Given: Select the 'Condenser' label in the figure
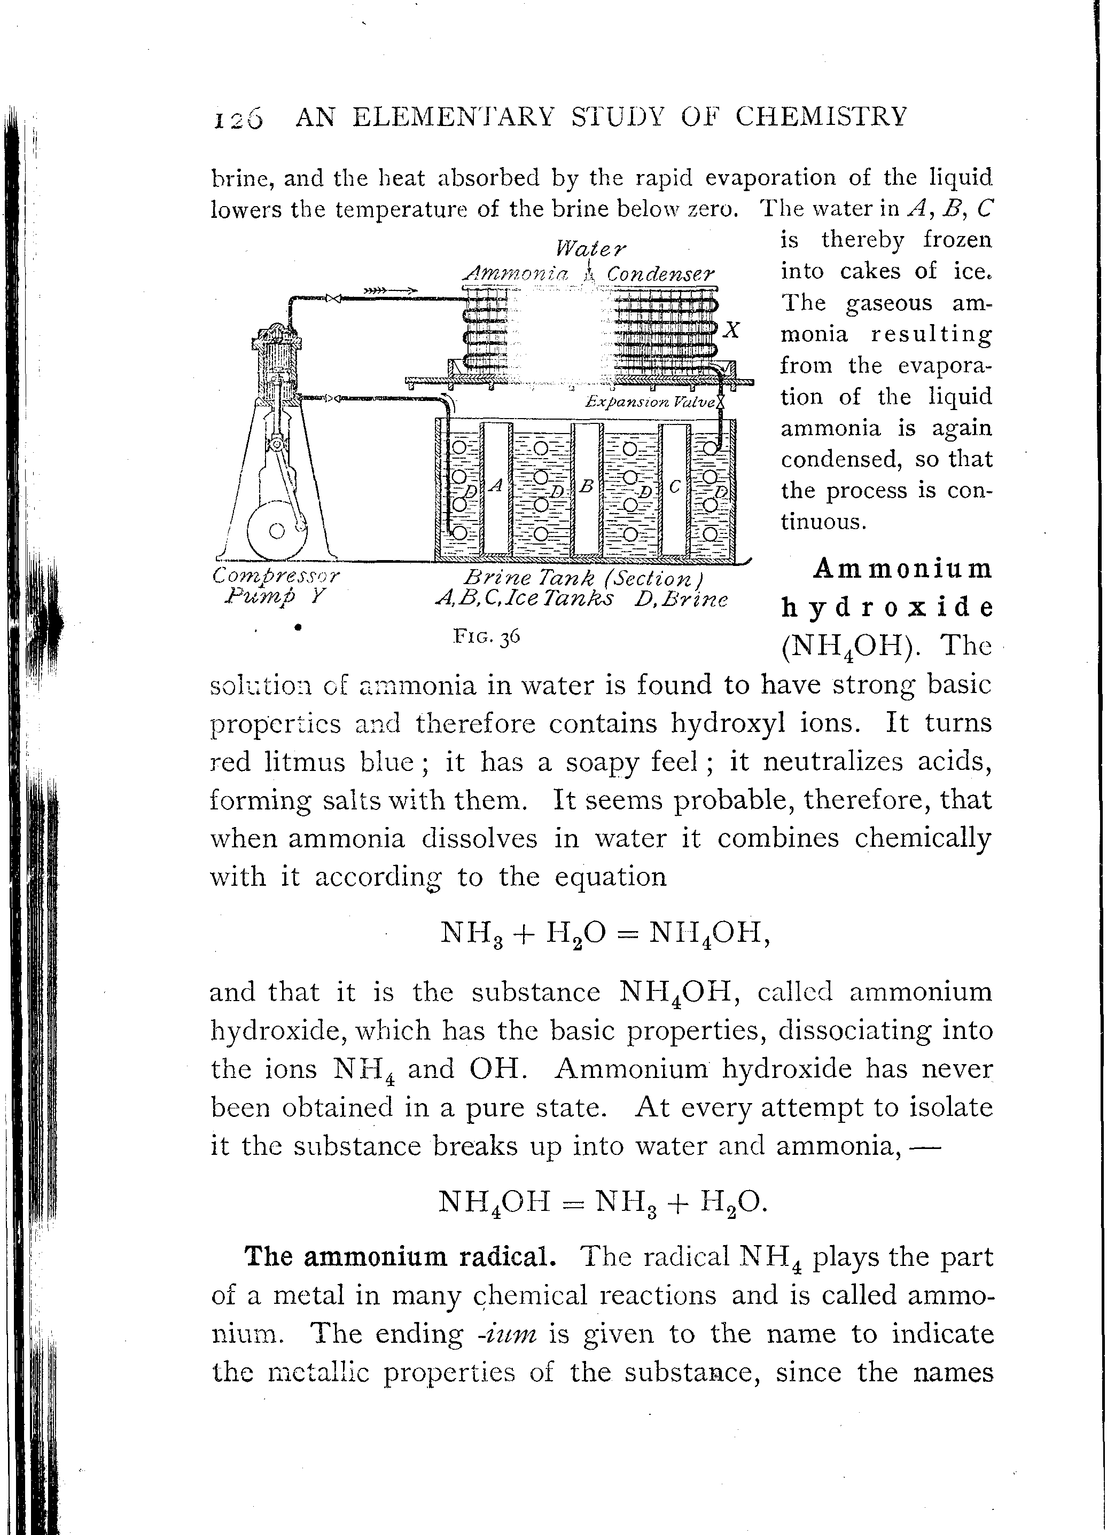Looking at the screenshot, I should click(660, 274).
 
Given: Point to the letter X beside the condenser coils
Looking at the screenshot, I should click(732, 330).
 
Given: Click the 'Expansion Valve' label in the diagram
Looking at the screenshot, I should click(650, 402).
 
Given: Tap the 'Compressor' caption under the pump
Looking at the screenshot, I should click(276, 576).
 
